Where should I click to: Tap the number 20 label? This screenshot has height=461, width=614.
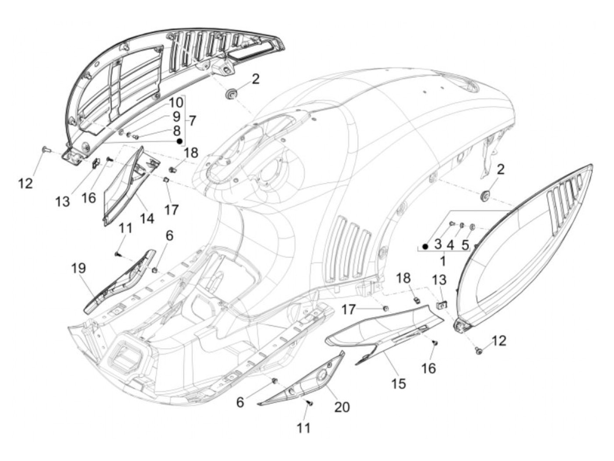(342, 407)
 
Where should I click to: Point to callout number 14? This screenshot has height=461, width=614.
(147, 218)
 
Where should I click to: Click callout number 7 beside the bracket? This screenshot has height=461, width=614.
(193, 119)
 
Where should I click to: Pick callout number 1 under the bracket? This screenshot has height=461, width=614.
(442, 261)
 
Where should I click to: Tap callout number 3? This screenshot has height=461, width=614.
(438, 245)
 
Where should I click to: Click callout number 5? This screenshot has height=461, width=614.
(465, 245)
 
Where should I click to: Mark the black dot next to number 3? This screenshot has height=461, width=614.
(425, 246)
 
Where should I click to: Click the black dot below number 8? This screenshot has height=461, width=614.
(179, 141)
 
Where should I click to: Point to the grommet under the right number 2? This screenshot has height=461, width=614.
(485, 195)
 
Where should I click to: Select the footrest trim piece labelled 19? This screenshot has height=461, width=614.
(118, 280)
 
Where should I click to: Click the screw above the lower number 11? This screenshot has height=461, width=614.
(310, 404)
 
